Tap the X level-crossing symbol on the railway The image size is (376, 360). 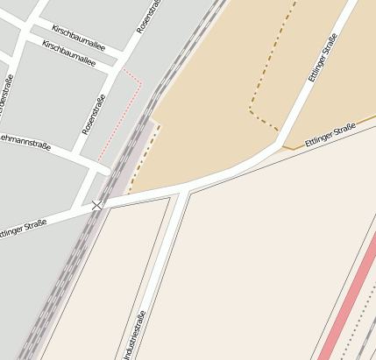tap(96, 204)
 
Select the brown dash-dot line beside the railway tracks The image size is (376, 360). tap(144, 158)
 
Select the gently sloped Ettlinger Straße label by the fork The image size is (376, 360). tap(330, 136)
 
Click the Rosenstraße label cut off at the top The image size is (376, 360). tap(148, 18)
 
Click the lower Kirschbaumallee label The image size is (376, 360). tap(68, 53)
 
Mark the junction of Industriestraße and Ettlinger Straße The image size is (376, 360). tap(182, 190)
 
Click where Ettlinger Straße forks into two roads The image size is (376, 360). tap(281, 145)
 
